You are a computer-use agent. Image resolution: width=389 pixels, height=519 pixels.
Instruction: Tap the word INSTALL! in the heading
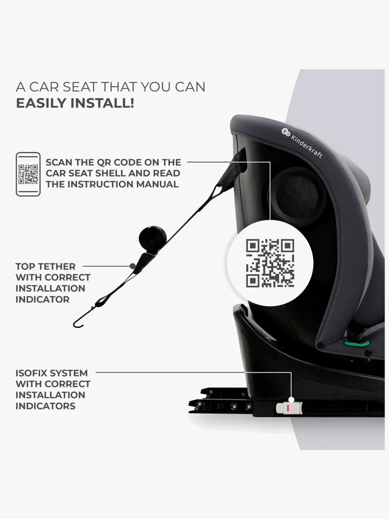pos(102,103)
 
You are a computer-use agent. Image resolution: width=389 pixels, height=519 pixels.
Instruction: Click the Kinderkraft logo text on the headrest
pos(307,146)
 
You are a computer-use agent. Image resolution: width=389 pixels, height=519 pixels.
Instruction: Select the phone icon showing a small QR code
pos(28,174)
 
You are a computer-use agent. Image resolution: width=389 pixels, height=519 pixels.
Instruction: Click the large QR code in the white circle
pos(270,263)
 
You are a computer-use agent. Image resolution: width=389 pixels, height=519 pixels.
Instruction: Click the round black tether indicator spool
pos(153,237)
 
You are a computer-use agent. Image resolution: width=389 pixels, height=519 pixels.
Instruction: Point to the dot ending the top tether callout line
pos(132,266)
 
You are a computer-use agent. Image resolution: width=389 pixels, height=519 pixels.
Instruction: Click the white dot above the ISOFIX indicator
pos(291,400)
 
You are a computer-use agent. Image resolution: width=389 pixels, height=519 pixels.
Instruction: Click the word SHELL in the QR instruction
pos(135,173)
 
